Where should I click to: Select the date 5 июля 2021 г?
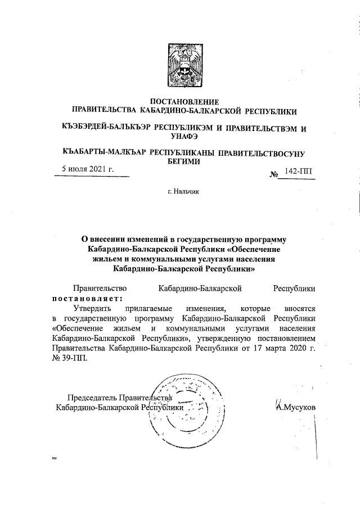click(x=88, y=169)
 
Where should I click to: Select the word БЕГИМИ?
click(x=184, y=160)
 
